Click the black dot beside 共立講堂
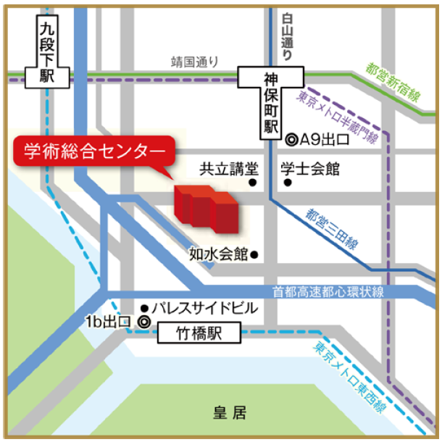254,183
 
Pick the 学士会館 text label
310,170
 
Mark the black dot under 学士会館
288,183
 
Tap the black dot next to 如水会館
254,255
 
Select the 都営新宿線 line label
392,83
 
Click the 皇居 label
229,414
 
